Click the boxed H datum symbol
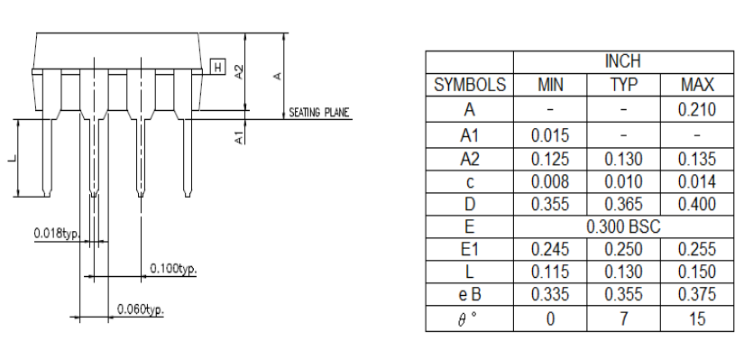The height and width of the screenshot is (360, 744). (218, 67)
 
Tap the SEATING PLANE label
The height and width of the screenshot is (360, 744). (319, 113)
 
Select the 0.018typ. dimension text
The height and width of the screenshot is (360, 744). (57, 233)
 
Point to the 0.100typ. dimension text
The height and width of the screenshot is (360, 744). (173, 268)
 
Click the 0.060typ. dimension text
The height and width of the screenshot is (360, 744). (141, 309)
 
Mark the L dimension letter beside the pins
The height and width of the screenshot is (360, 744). (13, 158)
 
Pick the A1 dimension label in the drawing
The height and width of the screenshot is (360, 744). (240, 137)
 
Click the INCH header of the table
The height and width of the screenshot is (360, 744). (623, 61)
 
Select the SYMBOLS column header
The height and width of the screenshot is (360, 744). (469, 85)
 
